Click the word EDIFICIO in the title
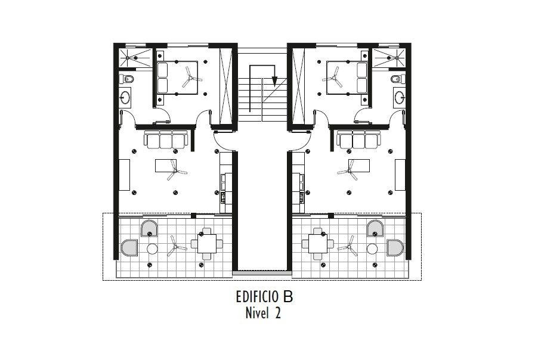pyautogui.click(x=257, y=297)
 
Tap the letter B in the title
pyautogui.click(x=288, y=297)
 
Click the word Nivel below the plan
pyautogui.click(x=256, y=313)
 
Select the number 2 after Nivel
pyautogui.click(x=277, y=313)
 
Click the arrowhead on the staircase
pyautogui.click(x=274, y=81)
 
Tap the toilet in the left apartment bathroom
pyautogui.click(x=126, y=79)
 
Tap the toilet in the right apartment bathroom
pyautogui.click(x=398, y=79)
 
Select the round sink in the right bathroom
pyautogui.click(x=400, y=97)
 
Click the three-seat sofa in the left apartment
pyautogui.click(x=166, y=139)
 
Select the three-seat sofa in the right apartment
pyautogui.click(x=359, y=139)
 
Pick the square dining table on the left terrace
pyautogui.click(x=207, y=244)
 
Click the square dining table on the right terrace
pyautogui.click(x=318, y=244)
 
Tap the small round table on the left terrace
pyautogui.click(x=152, y=249)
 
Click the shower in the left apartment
pyautogui.click(x=135, y=58)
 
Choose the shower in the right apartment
pyautogui.click(x=389, y=58)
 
